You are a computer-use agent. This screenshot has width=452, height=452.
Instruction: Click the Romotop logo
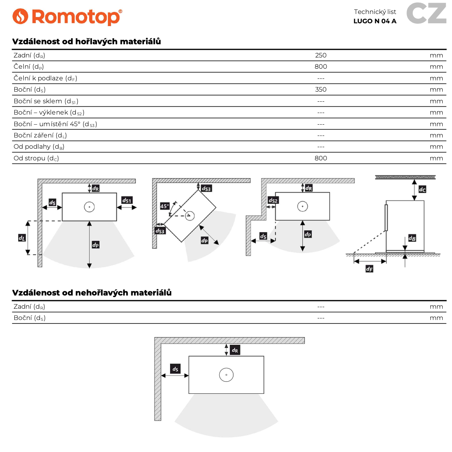pos(67,17)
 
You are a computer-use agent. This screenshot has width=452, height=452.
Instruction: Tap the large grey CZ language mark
pos(426,14)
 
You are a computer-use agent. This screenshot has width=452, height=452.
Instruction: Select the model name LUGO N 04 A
pos(375,21)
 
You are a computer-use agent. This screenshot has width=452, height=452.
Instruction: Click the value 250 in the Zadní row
pos(321,55)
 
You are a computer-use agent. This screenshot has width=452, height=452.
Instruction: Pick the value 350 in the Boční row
pos(321,89)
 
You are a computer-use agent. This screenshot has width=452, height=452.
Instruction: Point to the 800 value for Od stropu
pos(321,158)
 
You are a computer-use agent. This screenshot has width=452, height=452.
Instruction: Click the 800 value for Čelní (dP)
pos(321,66)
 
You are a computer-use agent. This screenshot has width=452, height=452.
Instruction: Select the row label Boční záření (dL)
pos(40,135)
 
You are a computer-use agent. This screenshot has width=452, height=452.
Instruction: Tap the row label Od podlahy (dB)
pos(39,146)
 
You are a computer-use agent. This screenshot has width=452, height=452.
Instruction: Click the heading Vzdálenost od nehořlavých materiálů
pos(92,292)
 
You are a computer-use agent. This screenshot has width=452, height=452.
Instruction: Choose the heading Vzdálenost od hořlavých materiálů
pos(86,41)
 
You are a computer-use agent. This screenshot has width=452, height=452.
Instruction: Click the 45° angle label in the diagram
pos(165,206)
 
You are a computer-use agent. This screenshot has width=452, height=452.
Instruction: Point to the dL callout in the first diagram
pos(22,238)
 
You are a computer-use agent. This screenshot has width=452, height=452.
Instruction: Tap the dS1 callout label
pos(127,200)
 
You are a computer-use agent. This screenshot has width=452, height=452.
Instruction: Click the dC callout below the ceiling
pos(422,189)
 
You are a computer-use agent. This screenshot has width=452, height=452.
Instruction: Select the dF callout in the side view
pos(369,269)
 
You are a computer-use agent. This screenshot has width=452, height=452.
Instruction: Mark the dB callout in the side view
pos(412,238)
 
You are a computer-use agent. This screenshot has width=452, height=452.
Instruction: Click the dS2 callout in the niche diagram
pos(273,200)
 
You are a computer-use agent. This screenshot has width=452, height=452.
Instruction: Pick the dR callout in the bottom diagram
pos(235,350)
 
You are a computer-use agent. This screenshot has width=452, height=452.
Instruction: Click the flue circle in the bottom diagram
pos(226,375)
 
